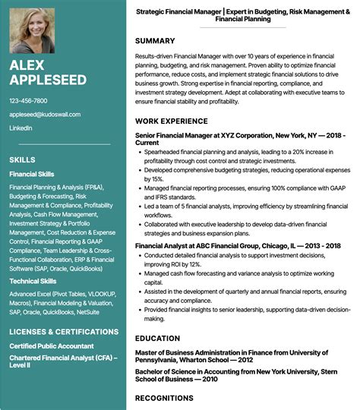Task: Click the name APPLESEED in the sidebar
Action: click(48, 79)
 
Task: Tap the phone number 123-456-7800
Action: click(28, 100)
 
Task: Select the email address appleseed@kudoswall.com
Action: click(45, 115)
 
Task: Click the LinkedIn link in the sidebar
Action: click(21, 129)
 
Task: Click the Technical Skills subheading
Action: click(33, 281)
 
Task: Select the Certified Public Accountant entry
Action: click(52, 346)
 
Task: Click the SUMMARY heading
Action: click(155, 40)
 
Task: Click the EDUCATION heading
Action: click(158, 338)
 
